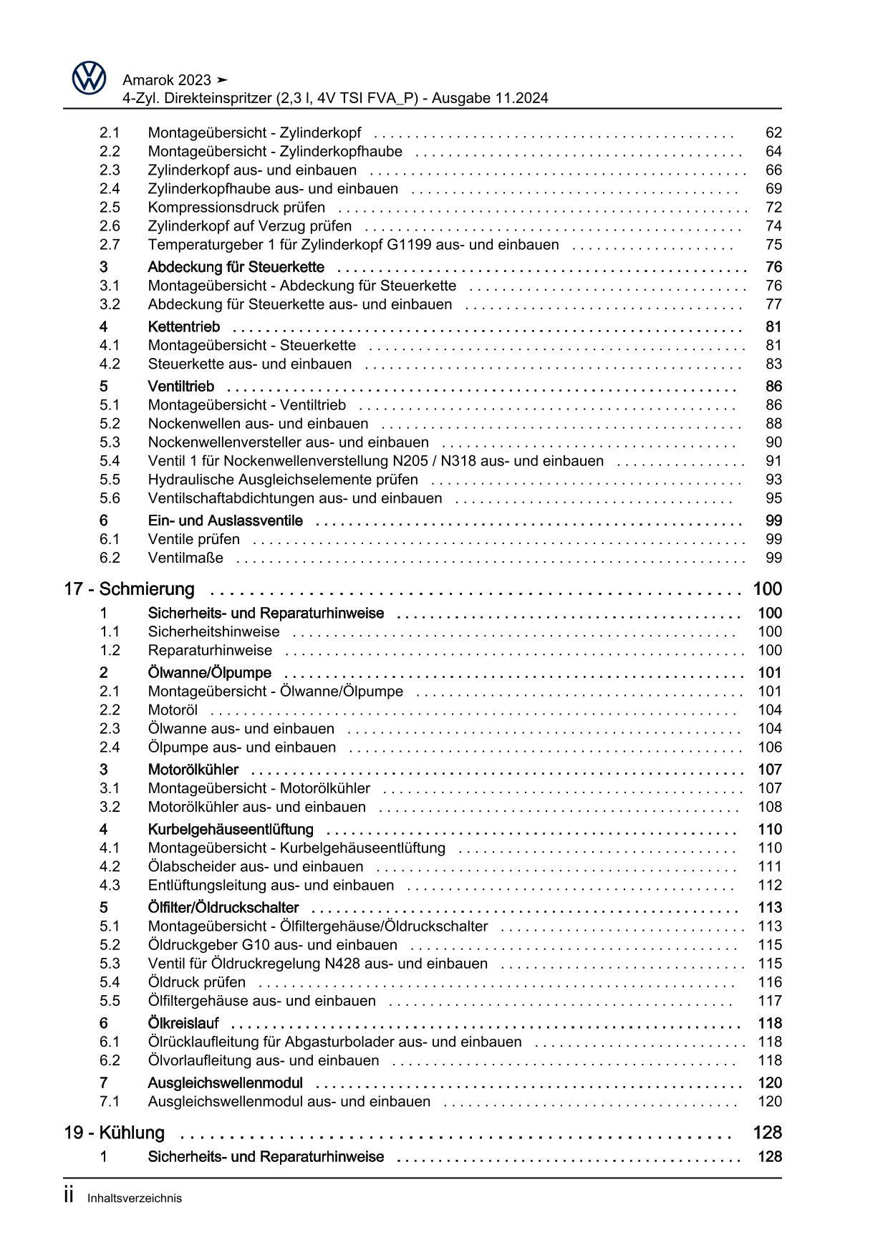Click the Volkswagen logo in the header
[x=90, y=78]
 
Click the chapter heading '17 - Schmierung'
[x=129, y=589]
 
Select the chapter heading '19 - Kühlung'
[x=114, y=1133]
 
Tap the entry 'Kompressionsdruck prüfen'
[x=236, y=208]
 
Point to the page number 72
[x=773, y=208]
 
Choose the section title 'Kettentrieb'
[x=183, y=327]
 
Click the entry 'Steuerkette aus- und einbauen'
[x=250, y=364]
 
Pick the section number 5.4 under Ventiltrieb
[x=110, y=461]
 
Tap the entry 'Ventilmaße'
[x=185, y=558]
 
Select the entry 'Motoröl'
[x=173, y=710]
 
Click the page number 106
[x=770, y=747]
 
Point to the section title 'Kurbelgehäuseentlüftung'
[x=231, y=830]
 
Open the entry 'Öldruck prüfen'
[x=197, y=982]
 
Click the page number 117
[x=770, y=1001]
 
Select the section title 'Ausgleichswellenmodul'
[x=225, y=1083]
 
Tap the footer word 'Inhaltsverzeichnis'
[x=135, y=1198]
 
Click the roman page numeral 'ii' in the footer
[x=69, y=1196]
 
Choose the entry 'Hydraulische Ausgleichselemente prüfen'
[x=283, y=480]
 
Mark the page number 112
[x=770, y=886]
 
